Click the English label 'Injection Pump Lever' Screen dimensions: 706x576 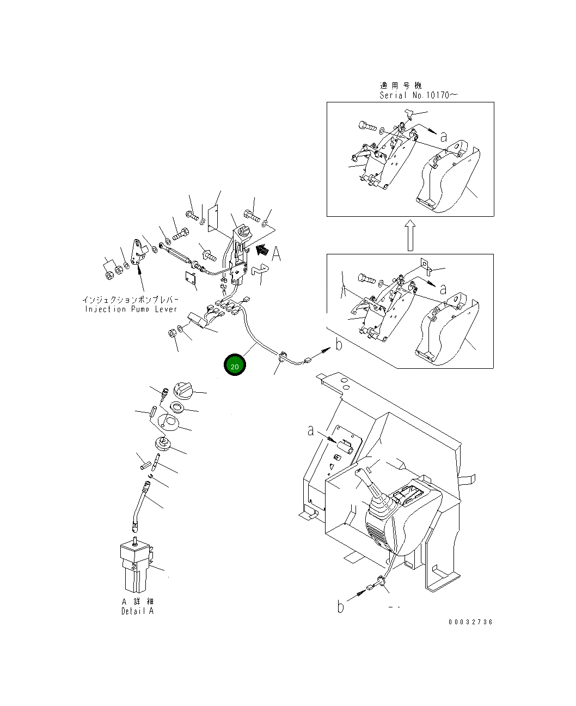tap(131, 309)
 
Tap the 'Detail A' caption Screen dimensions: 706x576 tap(137, 611)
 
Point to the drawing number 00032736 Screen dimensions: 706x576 tap(470, 622)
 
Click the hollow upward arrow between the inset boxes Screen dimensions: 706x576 tap(410, 235)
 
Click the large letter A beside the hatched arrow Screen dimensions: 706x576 tap(277, 253)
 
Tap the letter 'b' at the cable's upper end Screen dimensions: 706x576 tap(339, 344)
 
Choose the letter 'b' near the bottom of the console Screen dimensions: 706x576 tap(341, 606)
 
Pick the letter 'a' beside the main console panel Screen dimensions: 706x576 tap(311, 431)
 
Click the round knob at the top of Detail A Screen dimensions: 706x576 tap(183, 390)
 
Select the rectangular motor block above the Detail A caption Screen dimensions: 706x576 tap(134, 567)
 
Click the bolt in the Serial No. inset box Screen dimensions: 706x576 tap(368, 126)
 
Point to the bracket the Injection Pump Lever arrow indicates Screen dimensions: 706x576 tap(139, 252)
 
